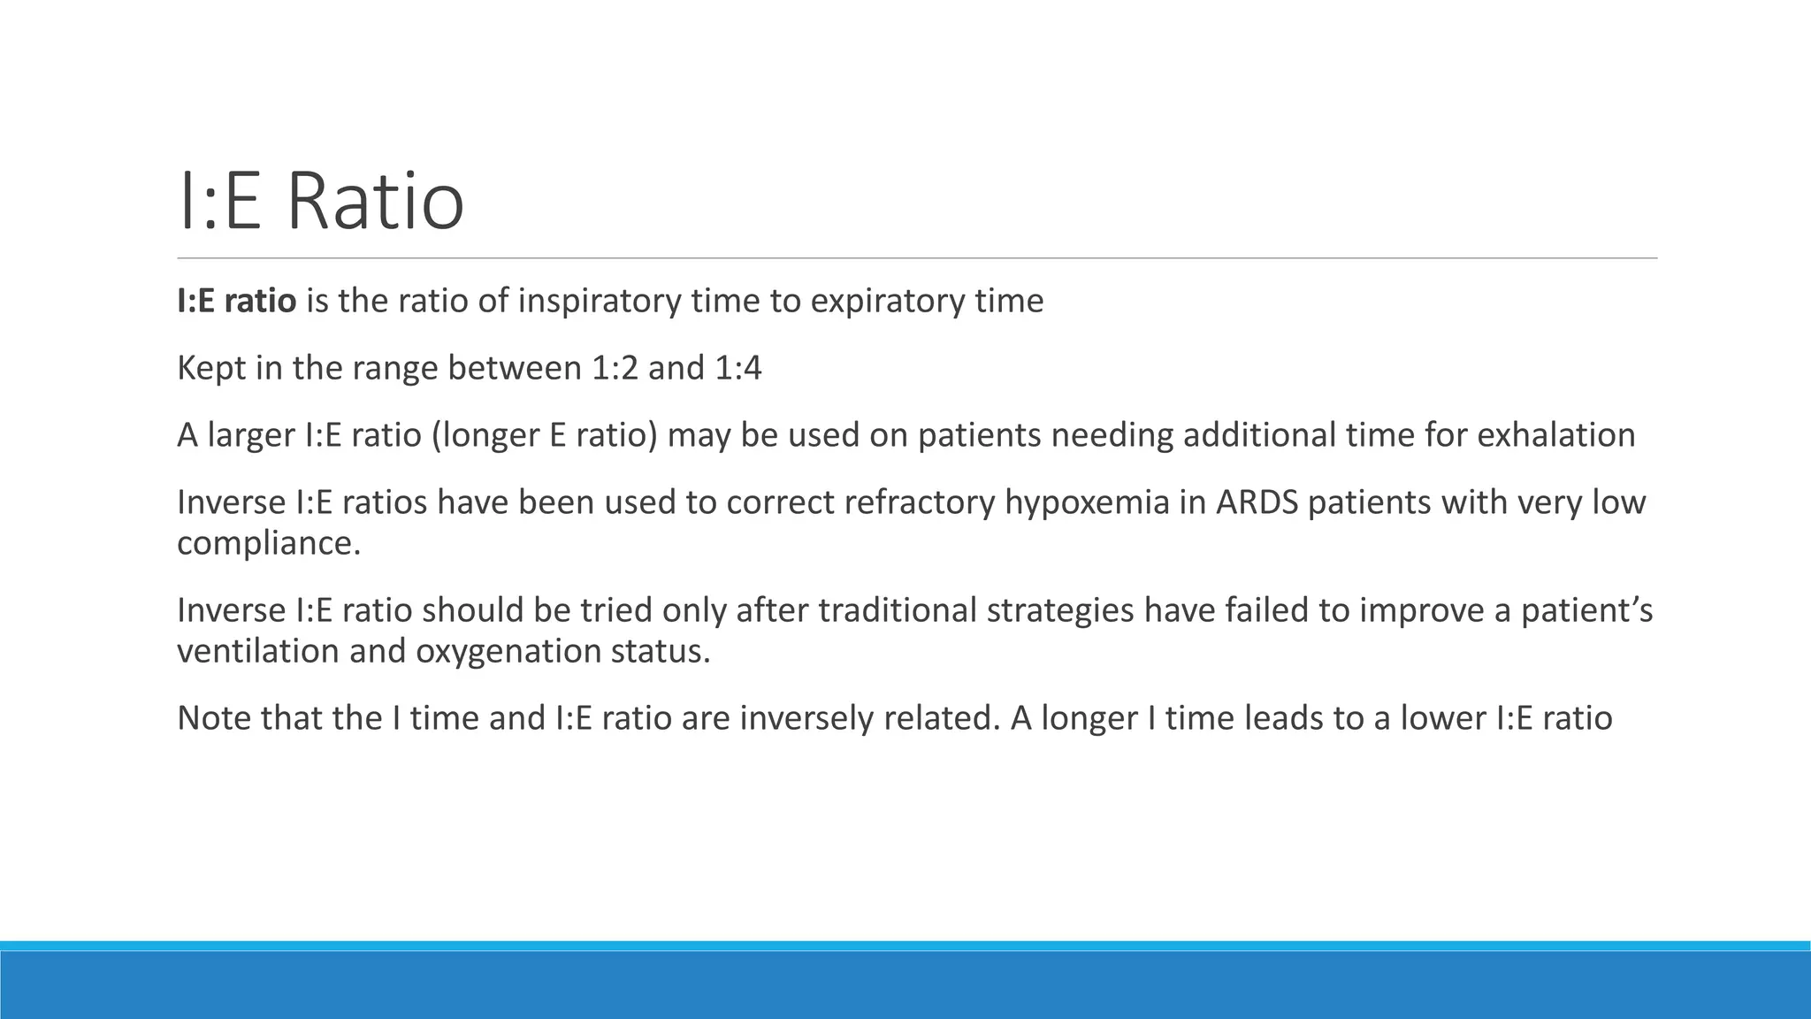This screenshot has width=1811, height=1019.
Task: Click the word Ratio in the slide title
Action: point(375,203)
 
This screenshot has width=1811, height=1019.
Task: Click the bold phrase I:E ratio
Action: point(236,302)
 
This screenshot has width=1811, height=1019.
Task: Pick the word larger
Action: point(250,435)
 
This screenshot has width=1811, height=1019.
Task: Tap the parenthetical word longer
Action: point(479,435)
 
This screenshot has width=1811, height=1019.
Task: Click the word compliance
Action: point(268,543)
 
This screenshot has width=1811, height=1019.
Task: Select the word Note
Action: point(214,717)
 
